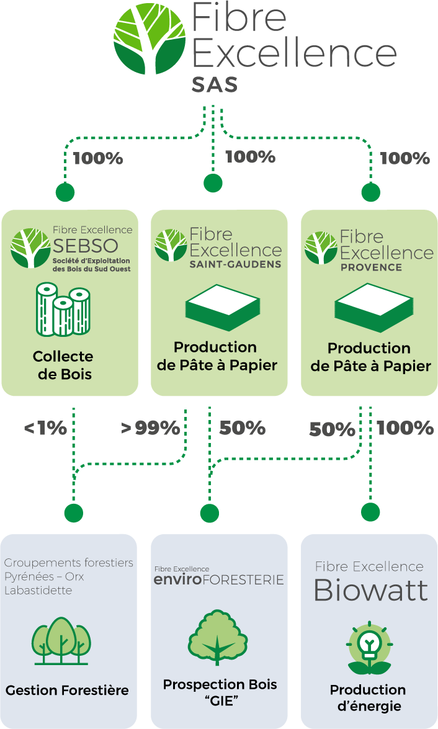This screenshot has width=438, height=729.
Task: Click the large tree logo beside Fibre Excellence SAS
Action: point(150,39)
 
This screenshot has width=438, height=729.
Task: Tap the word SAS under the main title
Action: point(215,85)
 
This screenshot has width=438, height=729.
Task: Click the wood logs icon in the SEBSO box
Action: point(63,310)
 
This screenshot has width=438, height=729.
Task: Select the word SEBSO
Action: point(85,246)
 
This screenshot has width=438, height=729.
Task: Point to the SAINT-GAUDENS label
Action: point(235,264)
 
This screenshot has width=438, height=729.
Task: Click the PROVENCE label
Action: point(371,267)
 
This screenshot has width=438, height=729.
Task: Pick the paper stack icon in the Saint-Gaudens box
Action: point(222,308)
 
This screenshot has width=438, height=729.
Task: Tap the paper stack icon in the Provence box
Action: point(374,308)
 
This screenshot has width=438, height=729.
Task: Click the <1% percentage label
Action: point(45,428)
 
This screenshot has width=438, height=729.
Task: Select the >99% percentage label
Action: point(150,428)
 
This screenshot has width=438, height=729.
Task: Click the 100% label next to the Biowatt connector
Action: point(405,427)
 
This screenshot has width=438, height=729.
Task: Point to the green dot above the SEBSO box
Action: point(65,192)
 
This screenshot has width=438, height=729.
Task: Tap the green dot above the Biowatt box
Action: point(370,512)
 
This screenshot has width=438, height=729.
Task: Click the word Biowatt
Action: point(370,591)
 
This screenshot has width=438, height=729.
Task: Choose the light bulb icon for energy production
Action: point(370,648)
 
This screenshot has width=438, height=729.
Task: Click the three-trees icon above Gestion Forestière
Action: point(61,641)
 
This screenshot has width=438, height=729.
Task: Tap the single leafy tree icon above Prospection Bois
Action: point(218,637)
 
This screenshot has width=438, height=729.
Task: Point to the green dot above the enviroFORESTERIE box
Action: point(210,513)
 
